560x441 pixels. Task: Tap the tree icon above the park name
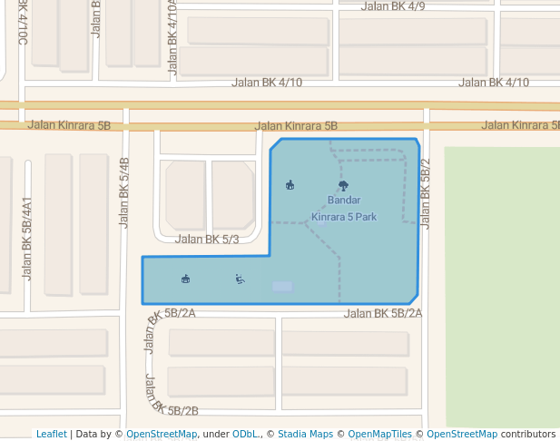point(343,186)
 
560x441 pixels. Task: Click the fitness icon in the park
point(240,279)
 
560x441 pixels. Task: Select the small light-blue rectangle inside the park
point(282,287)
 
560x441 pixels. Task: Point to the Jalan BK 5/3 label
point(207,240)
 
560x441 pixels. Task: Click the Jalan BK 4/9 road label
point(393,6)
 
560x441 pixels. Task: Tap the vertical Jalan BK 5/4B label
point(125,191)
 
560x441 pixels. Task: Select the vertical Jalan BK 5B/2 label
point(425,192)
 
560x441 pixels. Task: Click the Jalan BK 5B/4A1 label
point(27,238)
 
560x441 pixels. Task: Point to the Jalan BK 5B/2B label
point(171,396)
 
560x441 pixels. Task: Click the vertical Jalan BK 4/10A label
point(172,36)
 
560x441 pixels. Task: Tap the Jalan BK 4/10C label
point(23,23)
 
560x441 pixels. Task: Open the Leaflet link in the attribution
point(51,435)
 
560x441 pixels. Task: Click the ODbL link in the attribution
point(246,435)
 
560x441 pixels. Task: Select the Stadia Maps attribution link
point(305,435)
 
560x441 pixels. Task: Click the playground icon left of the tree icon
point(290,185)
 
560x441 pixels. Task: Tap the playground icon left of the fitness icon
point(186,279)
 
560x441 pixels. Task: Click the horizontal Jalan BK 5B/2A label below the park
point(383,314)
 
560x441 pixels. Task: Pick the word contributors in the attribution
point(528,435)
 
